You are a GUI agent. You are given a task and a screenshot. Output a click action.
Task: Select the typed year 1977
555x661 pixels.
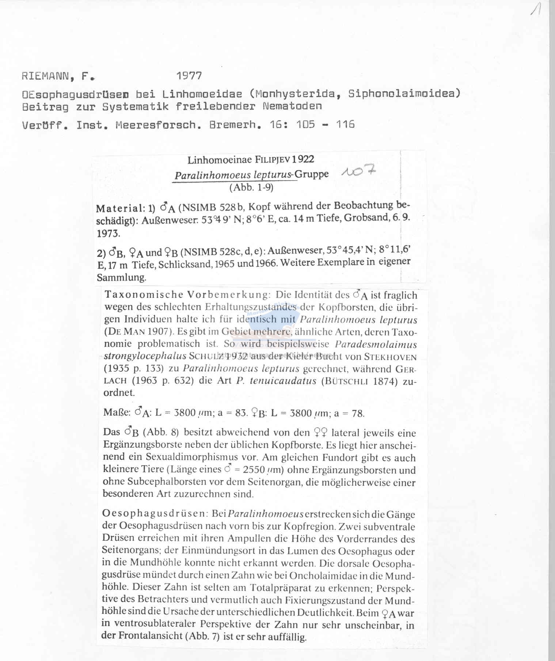click(189, 76)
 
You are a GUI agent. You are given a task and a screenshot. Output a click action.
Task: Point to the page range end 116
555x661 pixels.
click(345, 125)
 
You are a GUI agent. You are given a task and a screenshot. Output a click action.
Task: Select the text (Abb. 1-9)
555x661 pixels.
click(251, 187)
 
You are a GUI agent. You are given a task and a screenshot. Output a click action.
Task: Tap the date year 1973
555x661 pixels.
click(108, 233)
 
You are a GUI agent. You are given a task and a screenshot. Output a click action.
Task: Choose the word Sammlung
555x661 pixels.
click(121, 277)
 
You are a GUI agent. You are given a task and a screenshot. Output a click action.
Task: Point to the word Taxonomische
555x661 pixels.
click(144, 295)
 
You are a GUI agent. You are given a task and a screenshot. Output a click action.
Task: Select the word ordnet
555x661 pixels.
click(119, 393)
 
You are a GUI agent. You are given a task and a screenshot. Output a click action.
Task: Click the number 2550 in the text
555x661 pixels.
click(254, 470)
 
